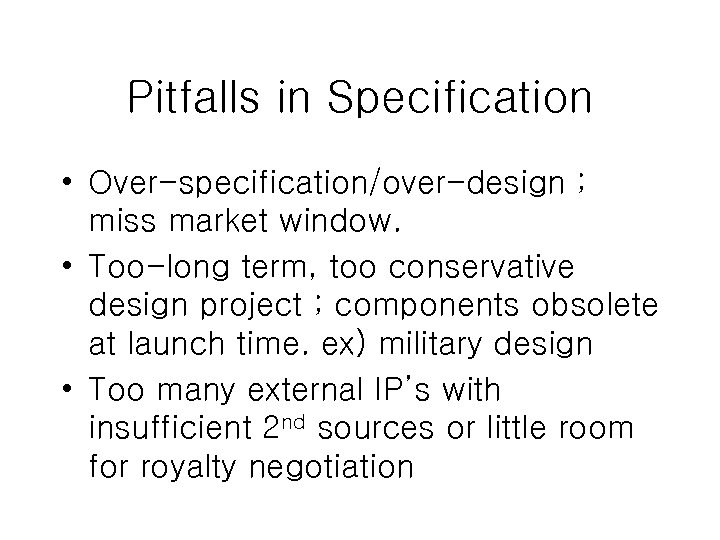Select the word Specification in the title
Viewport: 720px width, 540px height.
pyautogui.click(x=459, y=99)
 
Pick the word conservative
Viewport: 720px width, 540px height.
pyautogui.click(x=490, y=268)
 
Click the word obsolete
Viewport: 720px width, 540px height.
pyautogui.click(x=609, y=305)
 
